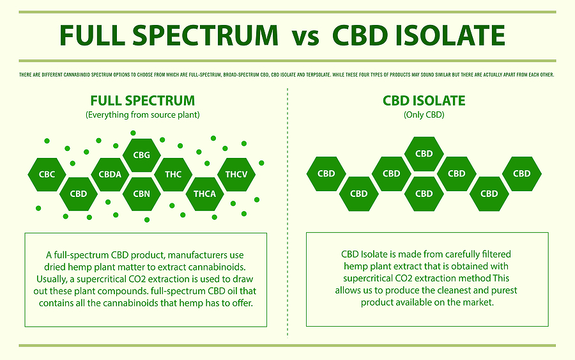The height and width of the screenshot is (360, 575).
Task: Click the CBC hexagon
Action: click(x=47, y=173)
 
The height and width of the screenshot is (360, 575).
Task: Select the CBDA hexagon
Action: click(x=110, y=173)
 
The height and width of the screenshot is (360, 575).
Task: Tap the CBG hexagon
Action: click(x=142, y=154)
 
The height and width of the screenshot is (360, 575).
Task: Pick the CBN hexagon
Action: click(x=142, y=194)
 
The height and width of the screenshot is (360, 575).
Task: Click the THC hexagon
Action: click(x=173, y=173)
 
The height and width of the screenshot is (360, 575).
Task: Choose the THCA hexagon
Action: click(x=204, y=194)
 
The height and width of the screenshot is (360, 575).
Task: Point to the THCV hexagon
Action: click(x=236, y=173)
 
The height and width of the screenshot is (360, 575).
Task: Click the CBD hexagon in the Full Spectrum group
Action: click(x=78, y=194)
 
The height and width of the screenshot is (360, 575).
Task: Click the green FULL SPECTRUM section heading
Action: click(x=142, y=101)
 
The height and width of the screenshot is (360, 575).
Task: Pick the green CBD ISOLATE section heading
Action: click(x=424, y=101)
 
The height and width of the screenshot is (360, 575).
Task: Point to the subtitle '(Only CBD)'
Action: click(x=424, y=115)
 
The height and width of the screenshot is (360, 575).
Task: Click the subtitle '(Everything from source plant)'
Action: click(x=142, y=115)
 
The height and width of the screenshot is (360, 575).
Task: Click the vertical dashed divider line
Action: click(x=288, y=211)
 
